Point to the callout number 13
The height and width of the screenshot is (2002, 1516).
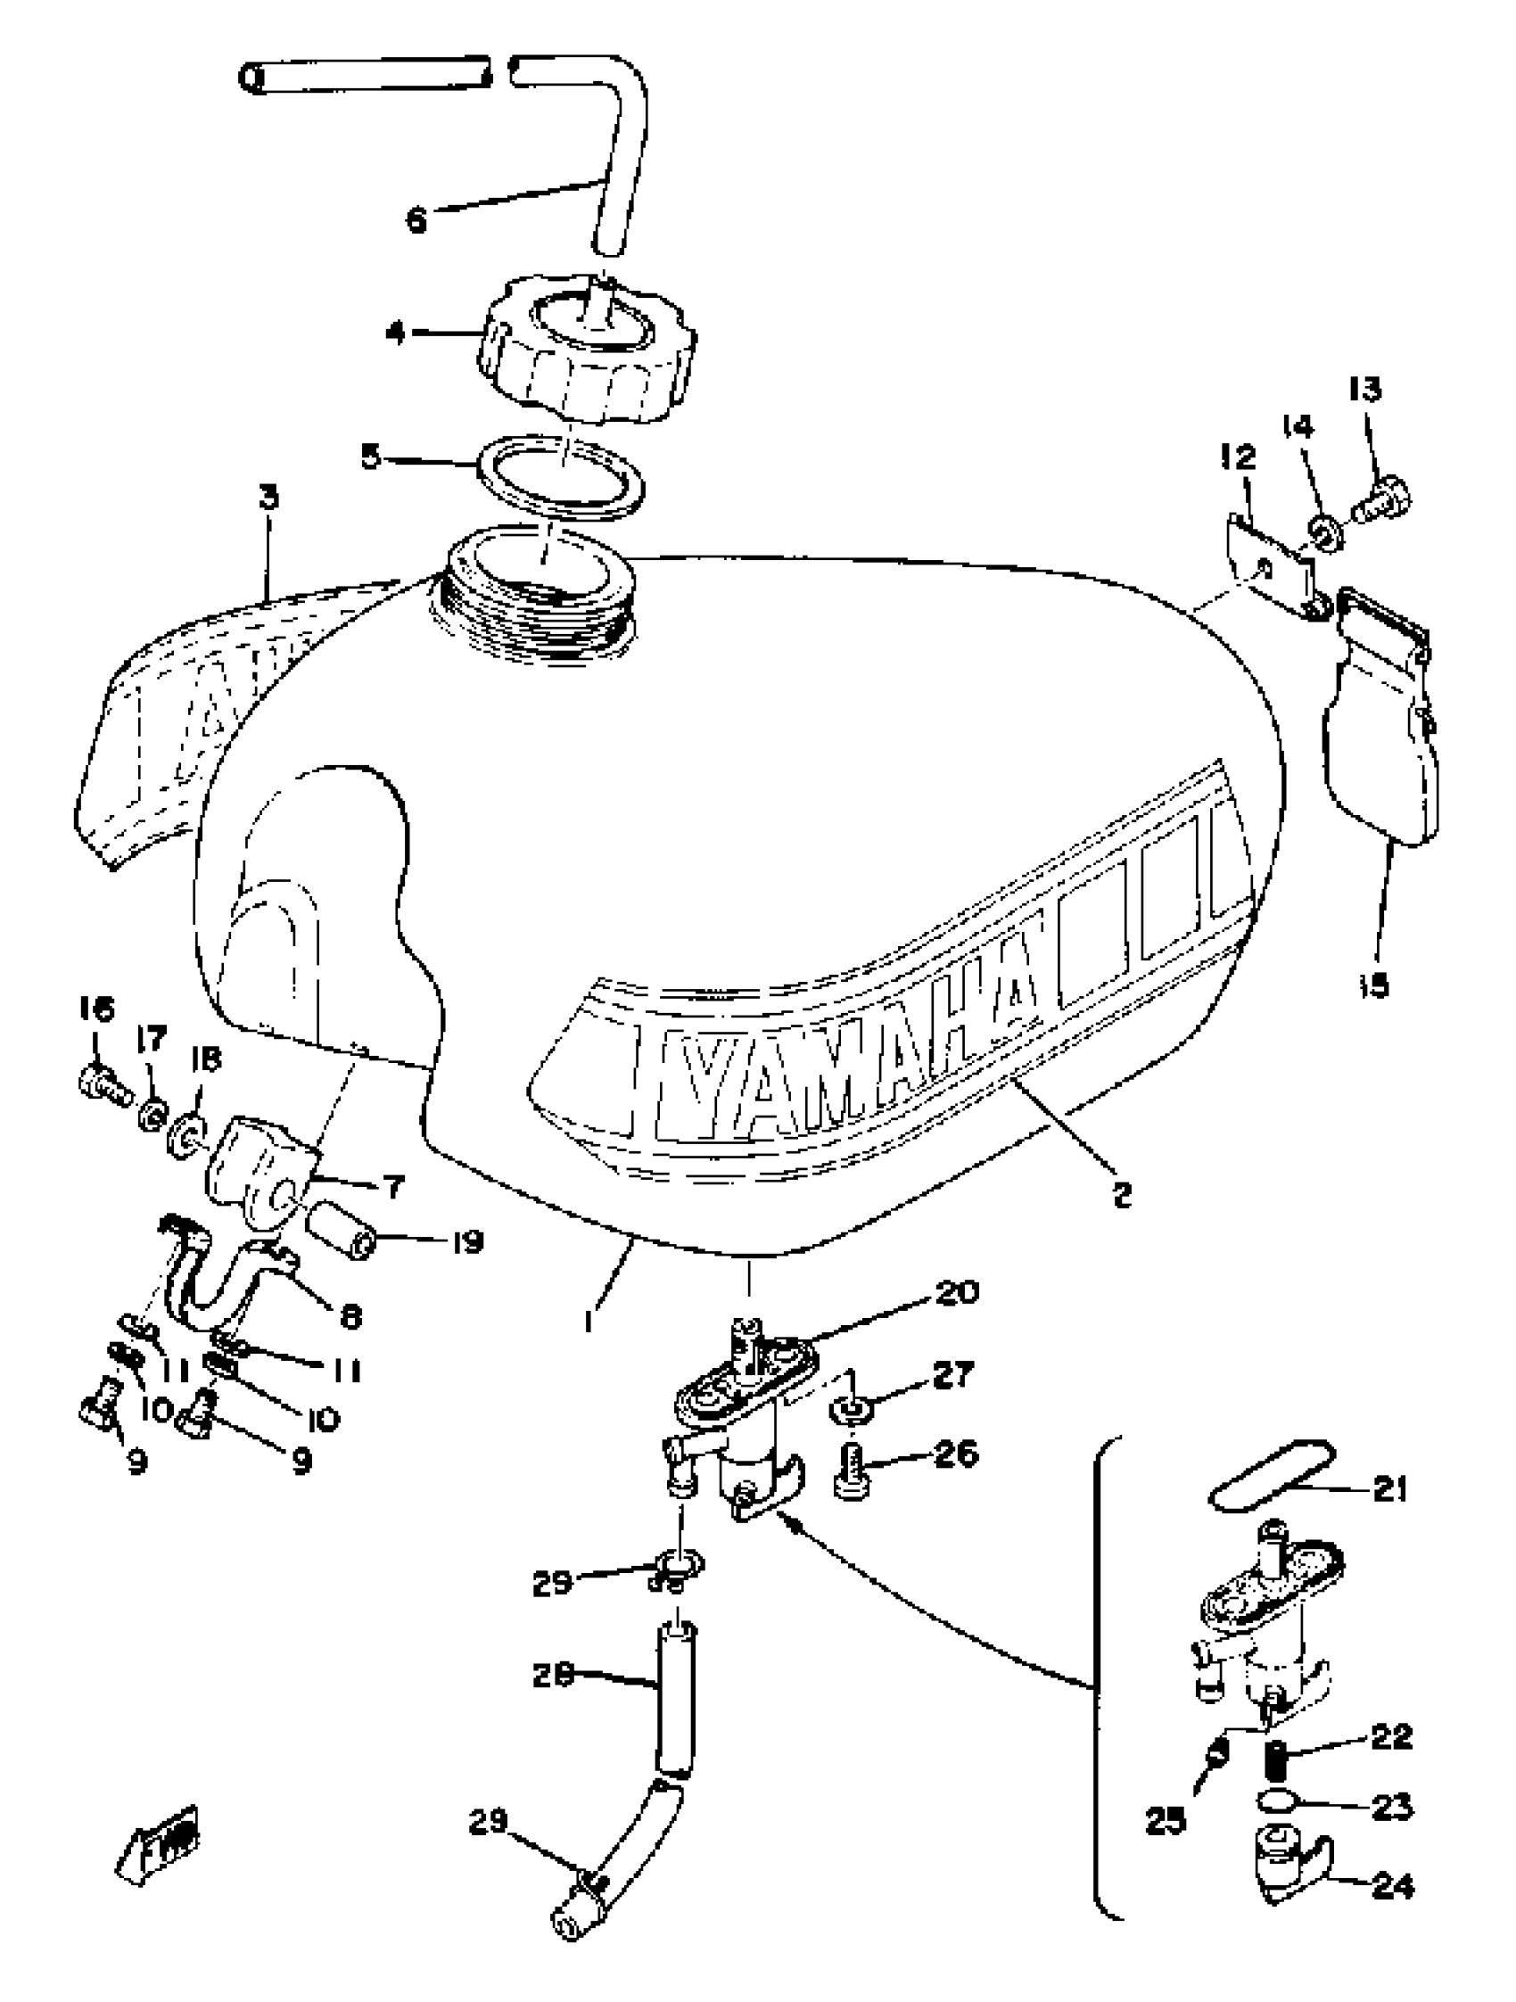(x=1365, y=390)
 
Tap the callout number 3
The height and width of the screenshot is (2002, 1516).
(x=268, y=498)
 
